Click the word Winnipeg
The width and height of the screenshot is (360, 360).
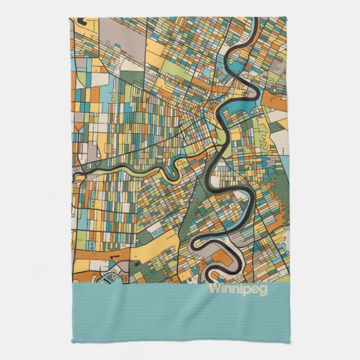pyautogui.click(x=238, y=287)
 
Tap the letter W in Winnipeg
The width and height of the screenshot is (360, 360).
pyautogui.click(x=214, y=287)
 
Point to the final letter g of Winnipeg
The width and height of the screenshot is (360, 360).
pyautogui.click(x=264, y=289)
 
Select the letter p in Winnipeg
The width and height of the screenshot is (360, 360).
pyautogui.click(x=246, y=289)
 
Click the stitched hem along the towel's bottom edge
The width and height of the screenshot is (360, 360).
pyautogui.click(x=180, y=340)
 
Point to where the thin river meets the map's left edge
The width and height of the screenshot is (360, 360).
pyautogui.click(x=73, y=175)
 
